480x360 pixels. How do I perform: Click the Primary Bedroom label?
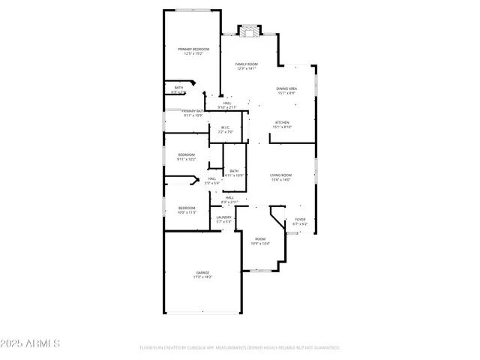pos(193,49)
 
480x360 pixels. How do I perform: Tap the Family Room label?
pos(246,64)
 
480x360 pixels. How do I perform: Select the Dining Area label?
pos(287,88)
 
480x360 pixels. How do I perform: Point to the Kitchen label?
pos(282,122)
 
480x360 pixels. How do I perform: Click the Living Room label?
pos(280,175)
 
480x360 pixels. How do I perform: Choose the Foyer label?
pos(300,220)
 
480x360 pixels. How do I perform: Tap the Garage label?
pos(202,272)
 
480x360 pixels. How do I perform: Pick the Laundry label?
pos(224,217)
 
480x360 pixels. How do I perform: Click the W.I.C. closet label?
pos(226,127)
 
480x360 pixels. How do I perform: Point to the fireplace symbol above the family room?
pos(249,31)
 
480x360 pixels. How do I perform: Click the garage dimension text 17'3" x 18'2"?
pos(202,277)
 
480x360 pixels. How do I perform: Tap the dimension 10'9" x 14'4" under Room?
pos(260,244)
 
